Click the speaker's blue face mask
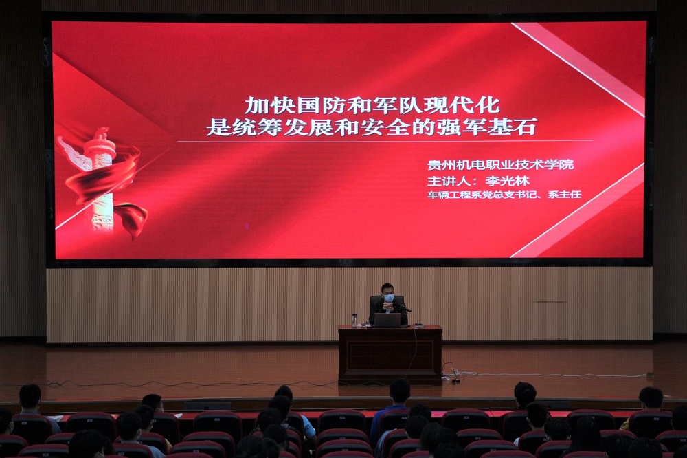(389, 298)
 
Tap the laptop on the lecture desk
(387, 320)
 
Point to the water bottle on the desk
(354, 320)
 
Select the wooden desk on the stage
(390, 353)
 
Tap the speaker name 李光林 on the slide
(508, 181)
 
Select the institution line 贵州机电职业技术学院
(500, 164)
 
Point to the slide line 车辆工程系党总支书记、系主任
(504, 195)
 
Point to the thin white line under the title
(385, 141)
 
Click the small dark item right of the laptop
(418, 325)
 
